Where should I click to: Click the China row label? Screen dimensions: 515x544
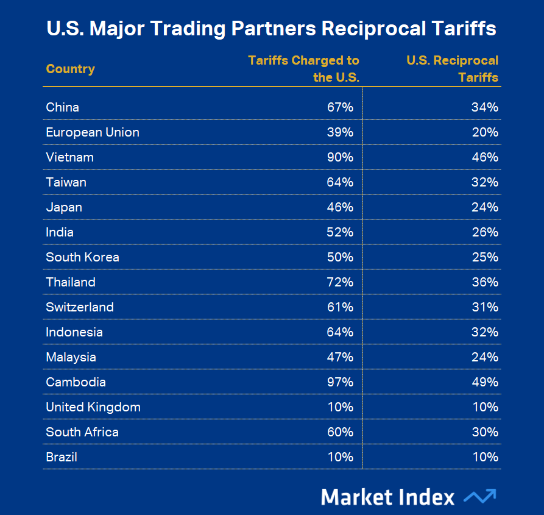click(x=62, y=107)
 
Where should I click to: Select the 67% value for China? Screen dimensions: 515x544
click(x=340, y=107)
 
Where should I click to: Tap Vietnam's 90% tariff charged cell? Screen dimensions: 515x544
click(x=340, y=157)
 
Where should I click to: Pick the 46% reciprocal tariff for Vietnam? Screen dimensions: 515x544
click(x=485, y=157)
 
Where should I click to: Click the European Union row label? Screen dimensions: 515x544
click(x=93, y=132)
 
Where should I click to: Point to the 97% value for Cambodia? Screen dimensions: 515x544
click(x=340, y=382)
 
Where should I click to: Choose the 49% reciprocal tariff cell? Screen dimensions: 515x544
click(x=485, y=382)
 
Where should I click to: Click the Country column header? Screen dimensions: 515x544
click(x=70, y=69)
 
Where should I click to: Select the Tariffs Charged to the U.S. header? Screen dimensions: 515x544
click(x=303, y=69)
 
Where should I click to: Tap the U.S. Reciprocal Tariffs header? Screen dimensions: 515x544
click(x=452, y=69)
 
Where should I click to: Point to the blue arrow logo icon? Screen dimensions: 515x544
click(x=479, y=496)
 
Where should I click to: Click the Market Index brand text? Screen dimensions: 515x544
click(x=387, y=497)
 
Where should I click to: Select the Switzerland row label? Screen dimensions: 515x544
click(x=80, y=307)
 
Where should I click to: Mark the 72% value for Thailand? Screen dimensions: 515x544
click(x=340, y=282)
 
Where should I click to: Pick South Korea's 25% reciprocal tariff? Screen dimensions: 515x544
click(x=485, y=257)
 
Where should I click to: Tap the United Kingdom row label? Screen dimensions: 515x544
click(x=93, y=407)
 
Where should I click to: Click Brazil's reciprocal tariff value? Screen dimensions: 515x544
click(x=485, y=457)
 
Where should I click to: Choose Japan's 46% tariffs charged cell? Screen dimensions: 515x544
click(x=340, y=207)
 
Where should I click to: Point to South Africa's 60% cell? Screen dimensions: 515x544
click(x=340, y=432)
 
